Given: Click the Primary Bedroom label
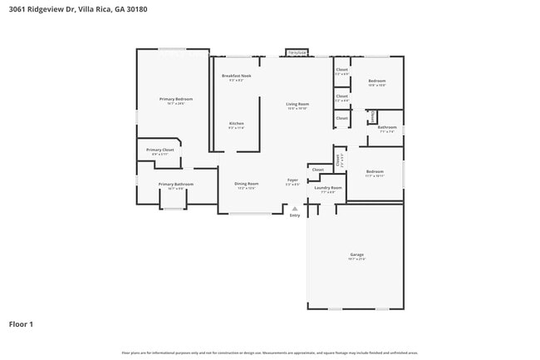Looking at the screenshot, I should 175,99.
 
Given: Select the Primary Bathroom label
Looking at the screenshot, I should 176,184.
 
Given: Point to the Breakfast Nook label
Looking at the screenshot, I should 236,76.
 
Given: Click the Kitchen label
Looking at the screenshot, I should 237,124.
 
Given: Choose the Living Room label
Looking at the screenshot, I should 297,104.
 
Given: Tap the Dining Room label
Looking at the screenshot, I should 246,184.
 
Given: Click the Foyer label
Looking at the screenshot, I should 292,180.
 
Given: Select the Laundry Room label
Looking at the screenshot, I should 327,188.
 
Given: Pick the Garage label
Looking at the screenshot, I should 356,254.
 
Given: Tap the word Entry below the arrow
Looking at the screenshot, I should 294,216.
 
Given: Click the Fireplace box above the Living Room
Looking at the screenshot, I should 297,52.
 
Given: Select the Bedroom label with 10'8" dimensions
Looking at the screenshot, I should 377,81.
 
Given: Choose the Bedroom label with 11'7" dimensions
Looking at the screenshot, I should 374,171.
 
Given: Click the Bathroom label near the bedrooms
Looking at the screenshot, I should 387,127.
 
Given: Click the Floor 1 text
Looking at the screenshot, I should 21,324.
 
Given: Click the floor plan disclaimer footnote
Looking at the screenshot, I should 270,353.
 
